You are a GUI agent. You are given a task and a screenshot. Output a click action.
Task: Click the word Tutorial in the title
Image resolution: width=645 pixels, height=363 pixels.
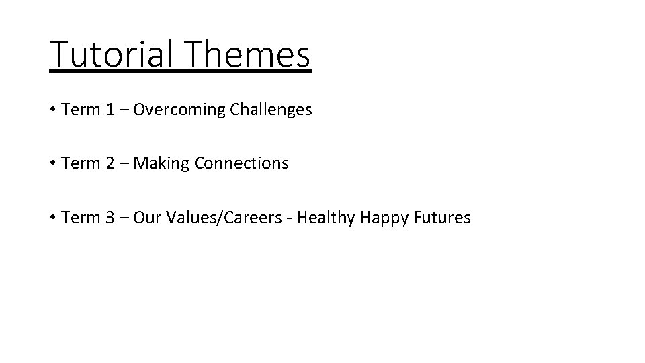pos(111,55)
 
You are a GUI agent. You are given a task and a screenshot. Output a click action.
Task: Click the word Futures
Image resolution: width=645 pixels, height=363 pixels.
pos(444,218)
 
